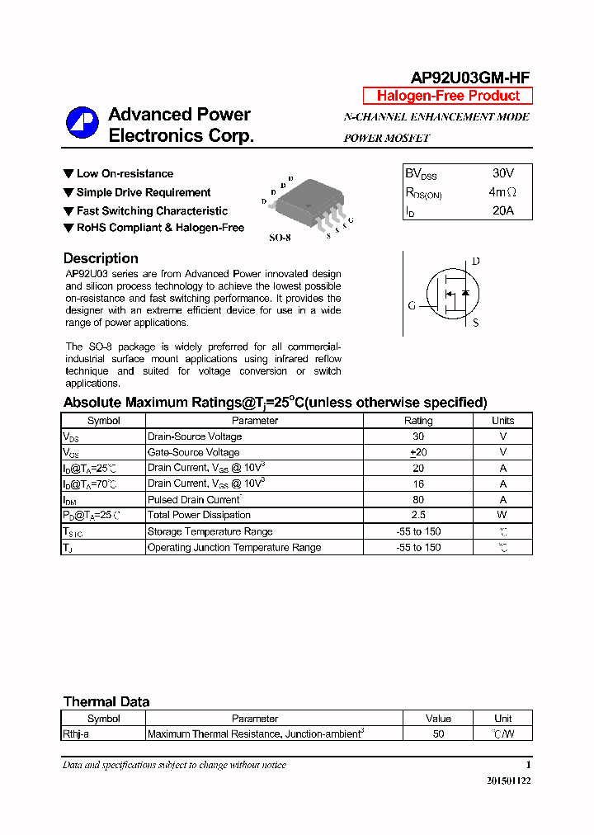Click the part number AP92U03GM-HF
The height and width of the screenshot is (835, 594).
pos(470,78)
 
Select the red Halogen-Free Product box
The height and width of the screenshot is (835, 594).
pos(448,96)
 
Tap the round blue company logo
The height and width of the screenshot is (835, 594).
pos(82,124)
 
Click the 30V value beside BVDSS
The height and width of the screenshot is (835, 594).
pos(502,173)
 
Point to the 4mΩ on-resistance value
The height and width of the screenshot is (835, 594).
pos(502,192)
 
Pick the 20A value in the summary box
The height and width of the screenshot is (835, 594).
pos(502,210)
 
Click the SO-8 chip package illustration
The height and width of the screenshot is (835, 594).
pos(306,205)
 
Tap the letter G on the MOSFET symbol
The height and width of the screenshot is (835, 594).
pos(411,305)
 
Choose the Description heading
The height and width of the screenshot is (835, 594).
pos(101,258)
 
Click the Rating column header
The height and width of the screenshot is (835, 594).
pos(418,421)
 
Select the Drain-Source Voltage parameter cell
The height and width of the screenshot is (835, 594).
pos(195,436)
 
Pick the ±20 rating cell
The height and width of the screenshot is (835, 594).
pos(418,452)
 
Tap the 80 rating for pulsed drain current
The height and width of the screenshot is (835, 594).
pos(418,499)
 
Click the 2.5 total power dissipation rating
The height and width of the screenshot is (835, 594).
pos(418,515)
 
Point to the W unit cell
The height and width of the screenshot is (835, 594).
pos(502,515)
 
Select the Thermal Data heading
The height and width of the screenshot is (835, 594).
pos(106,702)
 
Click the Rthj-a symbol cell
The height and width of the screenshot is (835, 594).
pos(76,734)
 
